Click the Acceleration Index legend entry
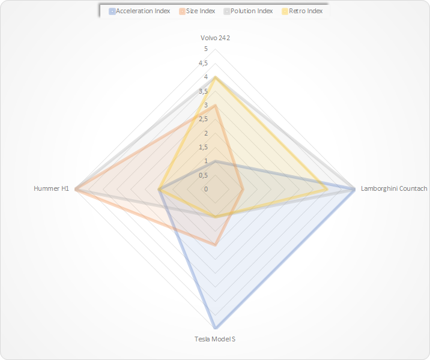(x=140, y=11)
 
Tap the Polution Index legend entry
(x=249, y=11)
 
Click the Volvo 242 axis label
(x=215, y=38)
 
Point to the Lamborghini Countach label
(x=394, y=188)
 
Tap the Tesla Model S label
(x=215, y=339)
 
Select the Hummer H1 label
(x=52, y=188)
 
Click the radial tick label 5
(x=205, y=49)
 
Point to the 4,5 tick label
(x=204, y=63)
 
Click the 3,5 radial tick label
(x=204, y=91)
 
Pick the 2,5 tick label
(x=204, y=119)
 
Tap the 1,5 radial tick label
(x=204, y=147)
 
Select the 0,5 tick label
(x=204, y=175)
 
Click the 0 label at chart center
(x=205, y=189)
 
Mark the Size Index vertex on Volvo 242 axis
(x=216, y=105)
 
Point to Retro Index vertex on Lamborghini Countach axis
(x=327, y=189)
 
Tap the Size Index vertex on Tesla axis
(x=216, y=245)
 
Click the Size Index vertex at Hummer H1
(x=75, y=189)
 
